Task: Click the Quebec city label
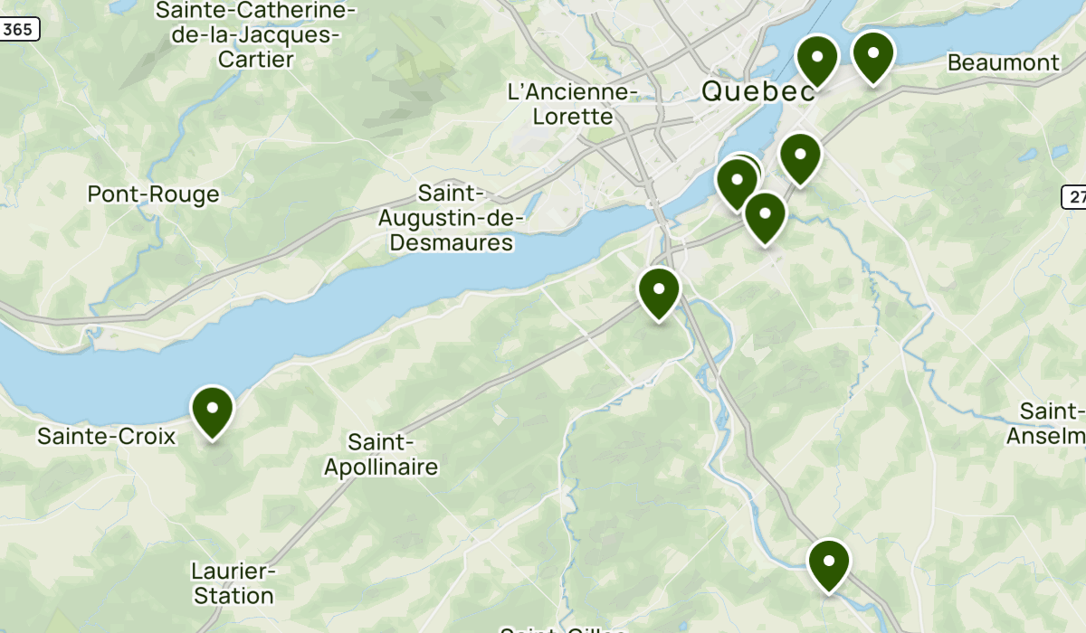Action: [x=757, y=91]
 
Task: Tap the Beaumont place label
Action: [x=1003, y=62]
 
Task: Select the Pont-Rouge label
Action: [x=153, y=194]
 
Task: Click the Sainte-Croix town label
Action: [x=106, y=437]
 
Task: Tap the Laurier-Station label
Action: [x=233, y=583]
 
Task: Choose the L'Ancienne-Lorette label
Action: [x=573, y=104]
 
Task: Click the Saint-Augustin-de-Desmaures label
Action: [x=445, y=218]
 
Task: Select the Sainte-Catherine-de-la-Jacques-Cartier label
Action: [x=256, y=35]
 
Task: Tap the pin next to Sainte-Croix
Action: [x=213, y=410]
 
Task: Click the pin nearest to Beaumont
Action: [x=873, y=54]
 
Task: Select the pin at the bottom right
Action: [x=829, y=562]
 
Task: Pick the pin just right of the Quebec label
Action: [x=817, y=58]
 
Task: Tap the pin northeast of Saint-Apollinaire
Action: [x=659, y=291]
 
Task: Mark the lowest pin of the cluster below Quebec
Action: [x=765, y=216]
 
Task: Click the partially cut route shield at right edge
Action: [x=1074, y=197]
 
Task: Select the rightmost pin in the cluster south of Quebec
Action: [x=800, y=156]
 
